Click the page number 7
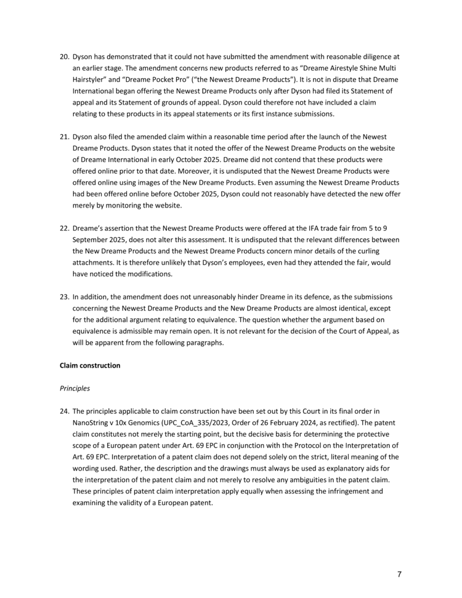399,575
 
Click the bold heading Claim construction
90,366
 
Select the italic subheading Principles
75,389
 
